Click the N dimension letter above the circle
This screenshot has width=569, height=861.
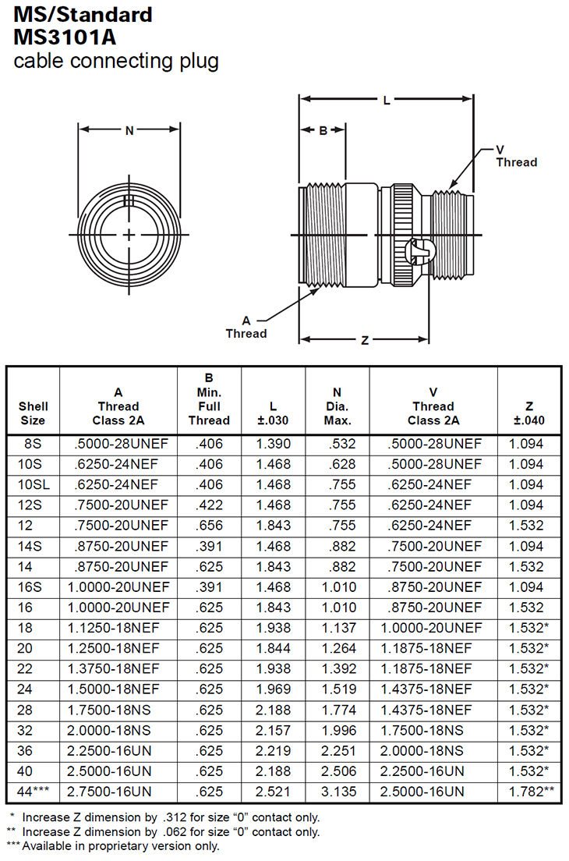pyautogui.click(x=130, y=130)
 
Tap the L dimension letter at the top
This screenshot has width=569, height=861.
pyautogui.click(x=387, y=101)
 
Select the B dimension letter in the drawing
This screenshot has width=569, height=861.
pyautogui.click(x=323, y=130)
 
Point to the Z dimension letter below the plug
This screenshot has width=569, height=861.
pyautogui.click(x=364, y=340)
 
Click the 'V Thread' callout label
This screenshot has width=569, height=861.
pyautogui.click(x=516, y=156)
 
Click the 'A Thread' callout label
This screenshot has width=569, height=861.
pyautogui.click(x=246, y=328)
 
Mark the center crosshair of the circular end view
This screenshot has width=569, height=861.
pyautogui.click(x=129, y=235)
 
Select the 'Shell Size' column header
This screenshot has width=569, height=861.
pyautogui.click(x=33, y=413)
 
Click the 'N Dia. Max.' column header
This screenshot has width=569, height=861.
pyautogui.click(x=338, y=406)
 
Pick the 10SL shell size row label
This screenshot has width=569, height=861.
pyautogui.click(x=33, y=484)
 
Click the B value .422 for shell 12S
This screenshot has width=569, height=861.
pyautogui.click(x=209, y=505)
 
